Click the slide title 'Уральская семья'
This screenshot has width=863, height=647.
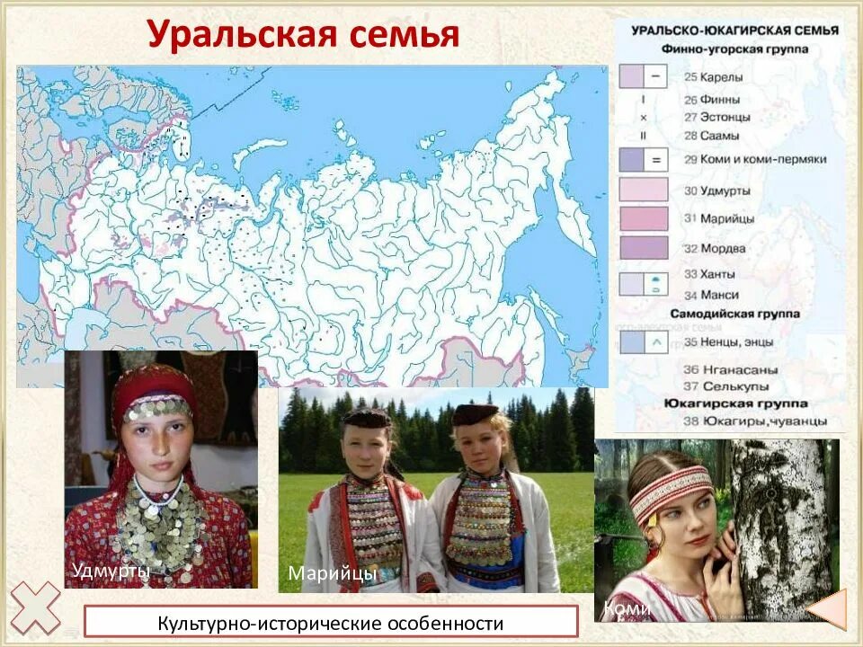(303, 35)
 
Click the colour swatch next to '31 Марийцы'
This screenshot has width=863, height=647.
(643, 218)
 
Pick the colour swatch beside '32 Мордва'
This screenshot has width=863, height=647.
(643, 248)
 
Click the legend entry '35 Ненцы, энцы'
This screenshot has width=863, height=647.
(729, 341)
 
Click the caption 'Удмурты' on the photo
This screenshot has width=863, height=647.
(111, 570)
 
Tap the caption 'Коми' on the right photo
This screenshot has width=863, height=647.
(627, 608)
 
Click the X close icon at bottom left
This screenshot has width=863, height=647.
(35, 607)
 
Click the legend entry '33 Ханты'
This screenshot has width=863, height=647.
(709, 273)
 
